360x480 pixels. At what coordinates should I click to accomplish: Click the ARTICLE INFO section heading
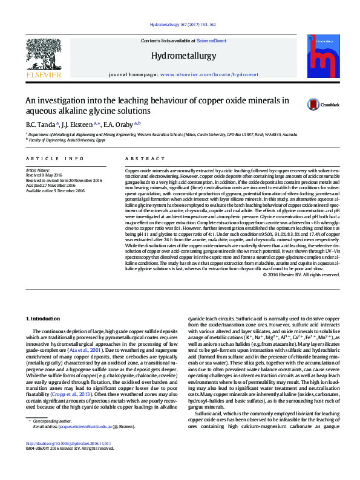pyautogui.click(x=56, y=159)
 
